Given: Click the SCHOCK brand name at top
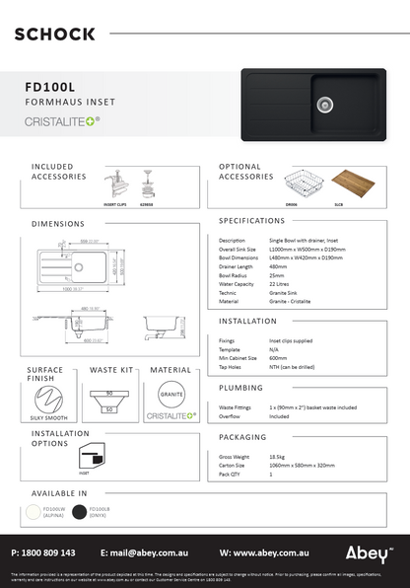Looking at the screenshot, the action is click(x=55, y=34).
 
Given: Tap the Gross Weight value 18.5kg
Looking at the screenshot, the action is click(x=278, y=457).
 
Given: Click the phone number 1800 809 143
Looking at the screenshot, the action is click(x=43, y=552).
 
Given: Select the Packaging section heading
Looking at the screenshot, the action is click(x=245, y=435).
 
